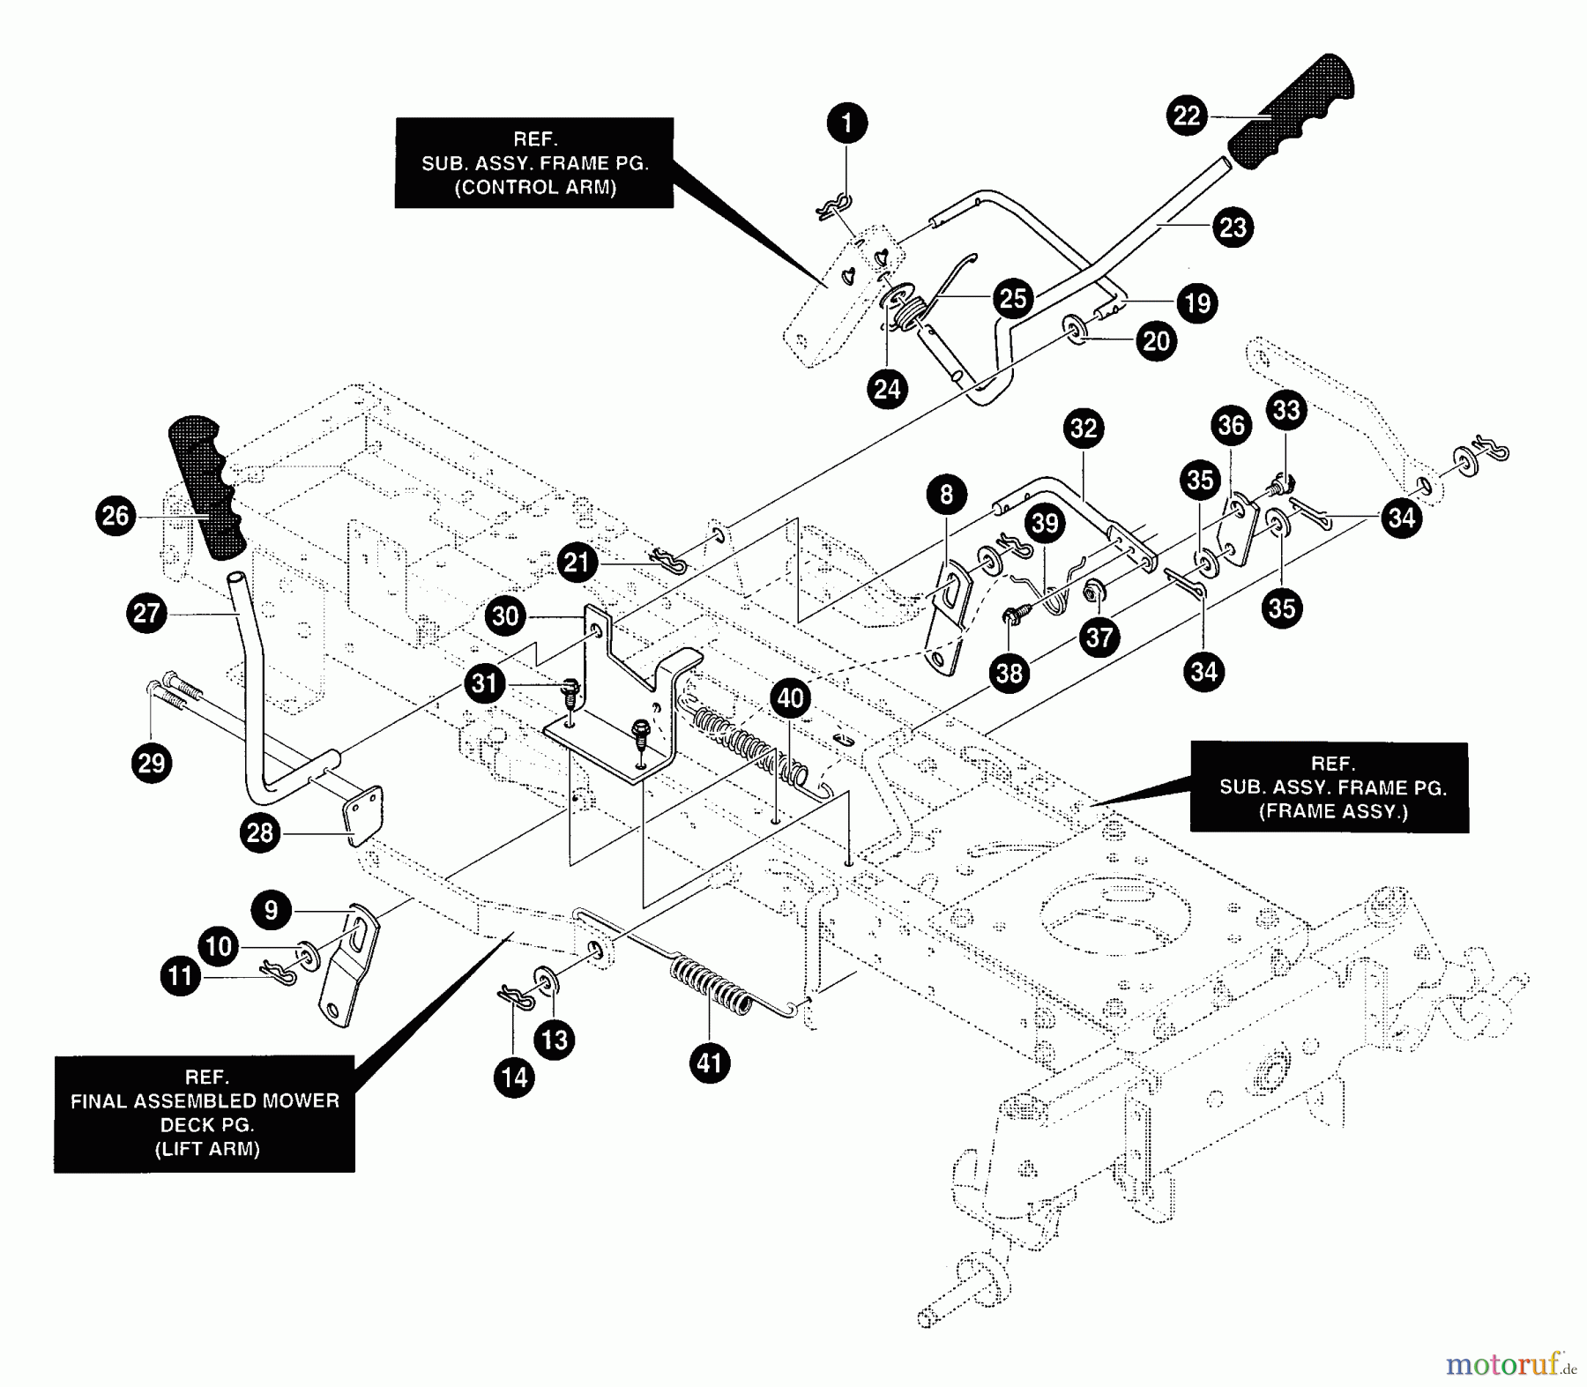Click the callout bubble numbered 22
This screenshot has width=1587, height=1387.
click(1187, 116)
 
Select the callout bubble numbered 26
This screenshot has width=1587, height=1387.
click(115, 516)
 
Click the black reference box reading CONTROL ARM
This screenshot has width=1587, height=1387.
click(533, 163)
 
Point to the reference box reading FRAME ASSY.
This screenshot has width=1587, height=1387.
click(1330, 787)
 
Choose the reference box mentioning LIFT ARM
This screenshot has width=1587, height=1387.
click(205, 1114)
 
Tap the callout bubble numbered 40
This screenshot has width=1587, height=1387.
click(790, 698)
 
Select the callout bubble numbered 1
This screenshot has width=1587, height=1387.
click(847, 123)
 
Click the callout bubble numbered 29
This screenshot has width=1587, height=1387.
click(152, 762)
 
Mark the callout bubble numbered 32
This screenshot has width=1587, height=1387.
click(1084, 429)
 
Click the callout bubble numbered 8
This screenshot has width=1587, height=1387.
click(946, 495)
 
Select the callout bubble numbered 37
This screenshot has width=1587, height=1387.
click(1099, 637)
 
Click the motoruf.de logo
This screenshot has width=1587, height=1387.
click(1510, 1365)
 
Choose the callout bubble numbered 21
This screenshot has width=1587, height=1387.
click(577, 563)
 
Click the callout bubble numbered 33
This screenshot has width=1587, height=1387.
click(1286, 410)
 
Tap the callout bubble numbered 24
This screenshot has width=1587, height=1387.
click(887, 388)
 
